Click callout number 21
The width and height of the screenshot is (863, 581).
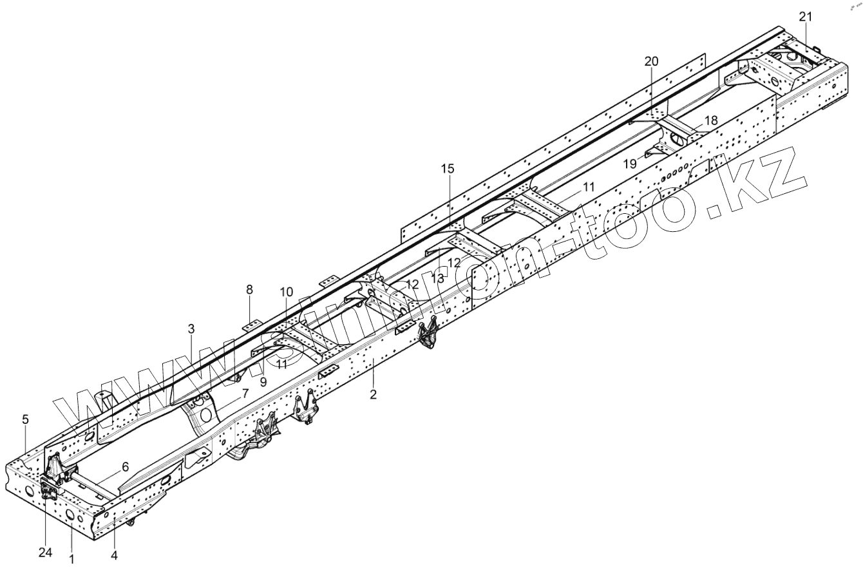807,16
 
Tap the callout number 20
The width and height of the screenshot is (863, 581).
651,61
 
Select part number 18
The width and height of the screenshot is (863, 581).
710,120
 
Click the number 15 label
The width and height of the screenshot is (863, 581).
448,169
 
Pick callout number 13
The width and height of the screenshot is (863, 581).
439,278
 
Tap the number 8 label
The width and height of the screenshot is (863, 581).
250,290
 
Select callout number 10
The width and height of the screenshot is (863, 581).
286,292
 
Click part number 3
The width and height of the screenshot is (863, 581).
191,329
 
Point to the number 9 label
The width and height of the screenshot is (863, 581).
263,381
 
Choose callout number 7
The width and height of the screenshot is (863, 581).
245,392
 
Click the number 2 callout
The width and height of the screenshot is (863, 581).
373,394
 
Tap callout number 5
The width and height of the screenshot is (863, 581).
25,419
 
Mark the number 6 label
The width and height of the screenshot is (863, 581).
125,466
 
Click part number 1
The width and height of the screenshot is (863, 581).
71,559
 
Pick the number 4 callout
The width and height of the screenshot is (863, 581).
115,554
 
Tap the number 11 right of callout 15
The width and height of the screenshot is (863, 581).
589,187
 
